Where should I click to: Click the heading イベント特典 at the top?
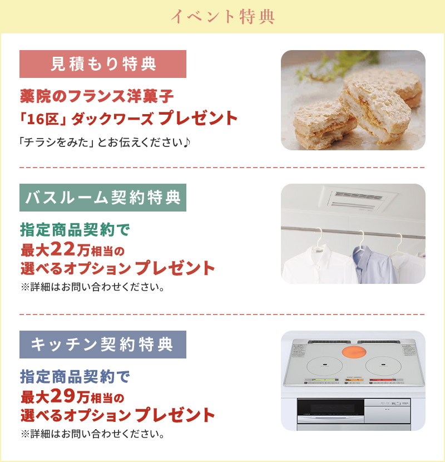coord(222,16)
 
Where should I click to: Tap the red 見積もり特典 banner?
coord(103,64)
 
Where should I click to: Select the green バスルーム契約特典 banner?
coord(103,198)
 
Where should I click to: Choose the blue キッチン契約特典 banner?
coord(103,345)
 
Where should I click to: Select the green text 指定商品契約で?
coord(75,228)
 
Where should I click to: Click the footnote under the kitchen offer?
coord(92,432)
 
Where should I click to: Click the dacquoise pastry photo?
coord(353,100)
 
